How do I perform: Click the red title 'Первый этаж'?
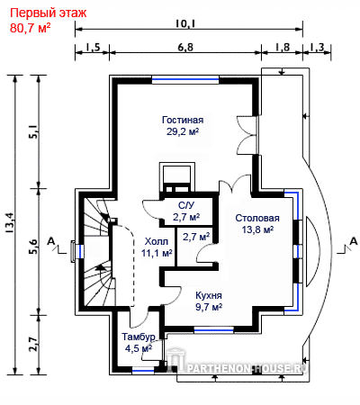click(49, 13)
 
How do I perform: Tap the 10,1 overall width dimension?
click(185, 23)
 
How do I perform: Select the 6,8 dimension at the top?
click(185, 47)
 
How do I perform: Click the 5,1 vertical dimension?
click(33, 131)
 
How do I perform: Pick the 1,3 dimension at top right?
click(317, 47)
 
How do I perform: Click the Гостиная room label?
click(183, 120)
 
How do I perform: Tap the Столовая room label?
click(257, 218)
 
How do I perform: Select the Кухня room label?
click(209, 295)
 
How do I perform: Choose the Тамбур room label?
click(139, 337)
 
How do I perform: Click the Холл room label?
click(157, 241)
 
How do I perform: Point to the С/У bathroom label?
click(186, 205)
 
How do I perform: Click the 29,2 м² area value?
click(183, 131)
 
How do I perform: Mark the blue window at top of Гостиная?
click(185, 80)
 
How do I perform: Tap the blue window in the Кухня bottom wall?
click(213, 330)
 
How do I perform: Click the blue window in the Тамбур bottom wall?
click(143, 371)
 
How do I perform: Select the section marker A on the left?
click(51, 241)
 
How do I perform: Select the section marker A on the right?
click(354, 241)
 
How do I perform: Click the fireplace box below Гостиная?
click(176, 177)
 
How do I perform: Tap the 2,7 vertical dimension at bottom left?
click(33, 345)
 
